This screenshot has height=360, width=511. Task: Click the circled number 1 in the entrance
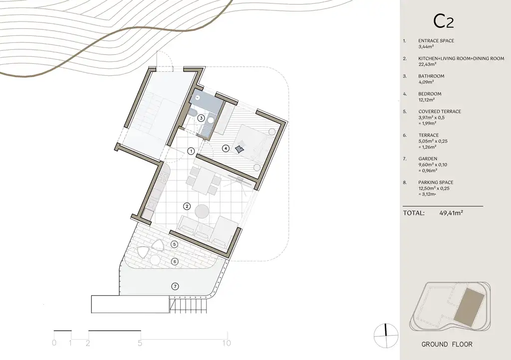click(x=191, y=151)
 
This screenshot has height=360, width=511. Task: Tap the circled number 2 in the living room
click(x=187, y=206)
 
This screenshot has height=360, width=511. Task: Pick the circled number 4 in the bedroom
click(x=226, y=149)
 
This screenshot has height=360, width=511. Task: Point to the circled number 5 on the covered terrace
click(x=174, y=244)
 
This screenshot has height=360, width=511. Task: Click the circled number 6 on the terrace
click(x=175, y=261)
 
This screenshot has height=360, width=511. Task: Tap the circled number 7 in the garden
click(x=175, y=286)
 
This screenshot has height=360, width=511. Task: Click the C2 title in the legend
click(x=444, y=21)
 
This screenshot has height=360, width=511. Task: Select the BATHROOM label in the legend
click(x=431, y=76)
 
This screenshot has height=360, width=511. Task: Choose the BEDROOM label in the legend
click(x=430, y=94)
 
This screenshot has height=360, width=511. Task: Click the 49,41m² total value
click(x=451, y=213)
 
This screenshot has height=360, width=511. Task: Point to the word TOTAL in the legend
click(x=414, y=213)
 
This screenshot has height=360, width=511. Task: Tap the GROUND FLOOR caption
click(x=447, y=345)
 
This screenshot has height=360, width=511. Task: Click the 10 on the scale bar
click(x=227, y=343)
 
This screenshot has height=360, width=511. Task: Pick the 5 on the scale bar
click(x=140, y=343)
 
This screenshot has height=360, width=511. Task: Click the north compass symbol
click(x=386, y=335)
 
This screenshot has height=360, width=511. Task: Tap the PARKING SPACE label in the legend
click(x=436, y=182)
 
